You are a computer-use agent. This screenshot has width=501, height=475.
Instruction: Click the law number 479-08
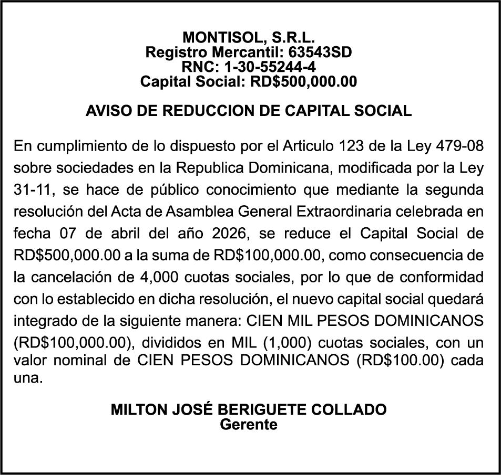[x=460, y=145]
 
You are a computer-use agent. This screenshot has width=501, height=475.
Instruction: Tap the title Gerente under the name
[x=249, y=424]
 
